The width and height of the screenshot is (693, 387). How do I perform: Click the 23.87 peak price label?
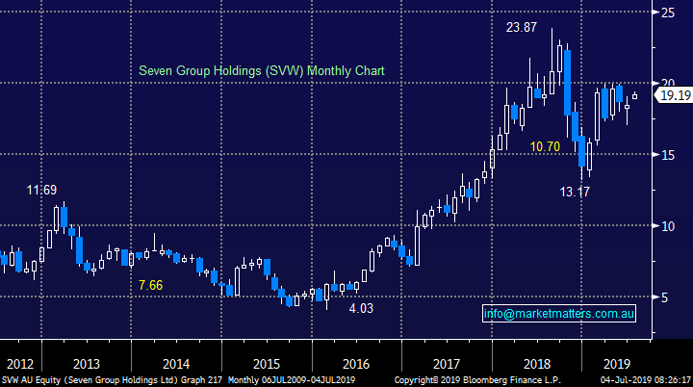tap(523, 28)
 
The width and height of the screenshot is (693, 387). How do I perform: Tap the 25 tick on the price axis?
tap(666, 13)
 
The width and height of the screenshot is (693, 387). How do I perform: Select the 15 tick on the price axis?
tap(666, 155)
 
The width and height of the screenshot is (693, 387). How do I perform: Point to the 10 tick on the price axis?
tap(666, 226)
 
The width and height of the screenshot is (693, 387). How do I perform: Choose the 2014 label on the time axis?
tap(177, 365)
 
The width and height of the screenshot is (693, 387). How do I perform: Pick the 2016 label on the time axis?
tap(355, 365)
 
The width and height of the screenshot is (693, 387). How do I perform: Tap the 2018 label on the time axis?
tap(534, 365)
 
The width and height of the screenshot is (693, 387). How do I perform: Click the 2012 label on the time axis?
tap(19, 365)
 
